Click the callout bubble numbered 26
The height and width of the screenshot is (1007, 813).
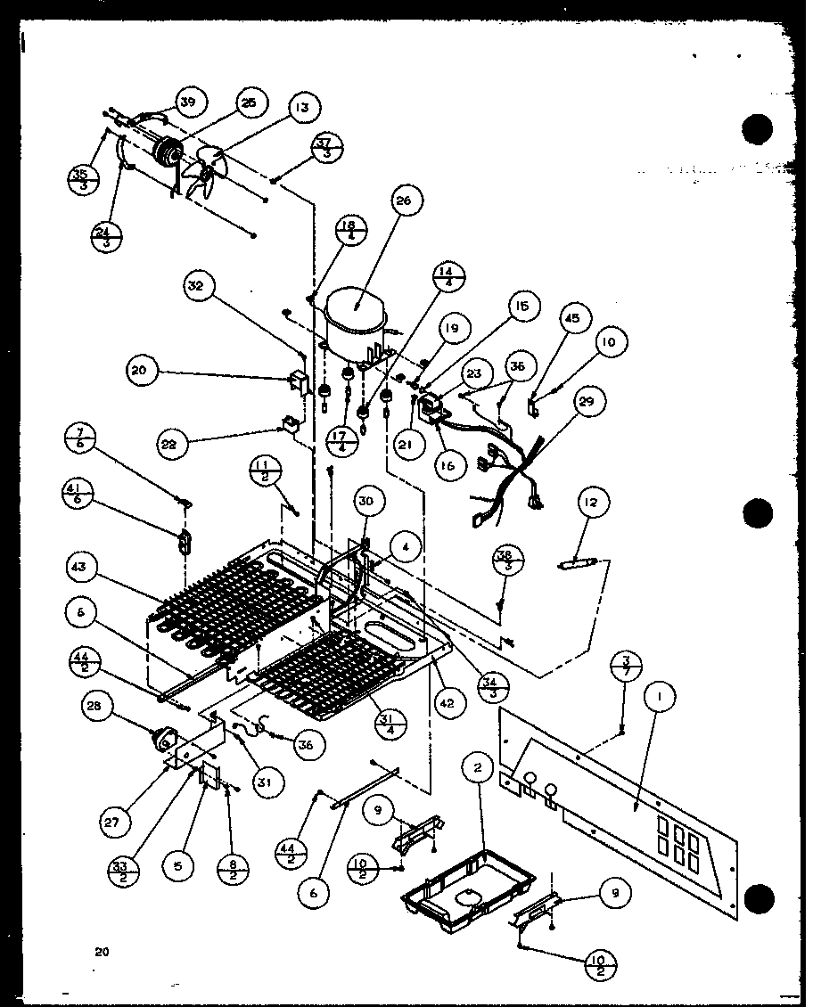(403, 203)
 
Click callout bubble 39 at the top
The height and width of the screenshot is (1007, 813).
(187, 103)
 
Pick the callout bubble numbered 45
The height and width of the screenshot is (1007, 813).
(572, 317)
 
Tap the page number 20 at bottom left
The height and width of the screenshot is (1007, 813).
(103, 952)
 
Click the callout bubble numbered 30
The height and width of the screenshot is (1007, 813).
(366, 503)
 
